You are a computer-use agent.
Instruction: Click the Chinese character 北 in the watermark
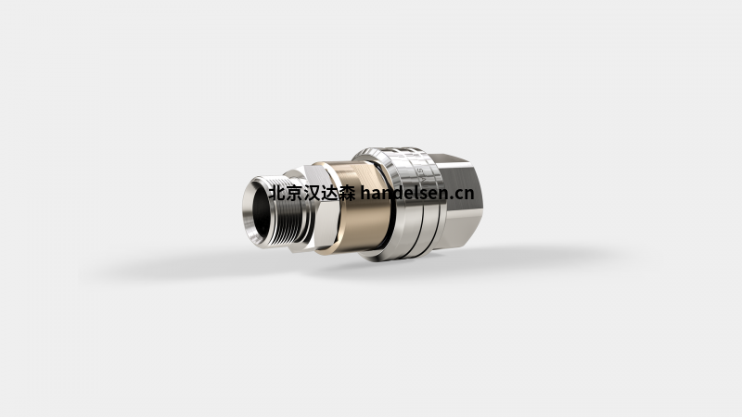[275, 194]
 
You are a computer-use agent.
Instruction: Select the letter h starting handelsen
[365, 194]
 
